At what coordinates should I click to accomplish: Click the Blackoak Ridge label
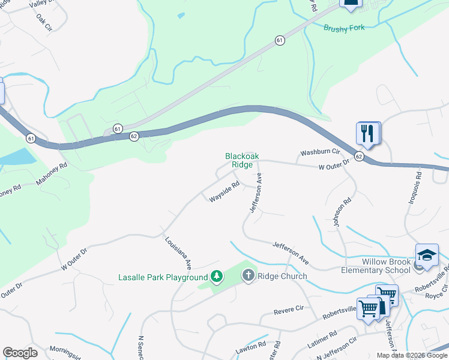[x=242, y=160]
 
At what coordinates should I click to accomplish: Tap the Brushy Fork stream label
[x=344, y=28]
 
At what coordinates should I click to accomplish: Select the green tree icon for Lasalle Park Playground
[x=217, y=277]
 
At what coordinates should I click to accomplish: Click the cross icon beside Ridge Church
[x=248, y=276]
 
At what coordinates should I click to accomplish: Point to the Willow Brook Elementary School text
[x=386, y=266]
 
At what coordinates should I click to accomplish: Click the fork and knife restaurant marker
[x=368, y=133]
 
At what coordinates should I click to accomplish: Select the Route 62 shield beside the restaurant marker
[x=358, y=156]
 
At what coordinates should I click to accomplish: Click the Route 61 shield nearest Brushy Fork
[x=280, y=40]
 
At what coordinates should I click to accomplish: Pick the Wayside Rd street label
[x=224, y=192]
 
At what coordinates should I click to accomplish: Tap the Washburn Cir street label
[x=321, y=153]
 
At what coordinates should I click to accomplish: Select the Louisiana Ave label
[x=178, y=252]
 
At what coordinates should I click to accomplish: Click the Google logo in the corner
[x=20, y=353]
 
